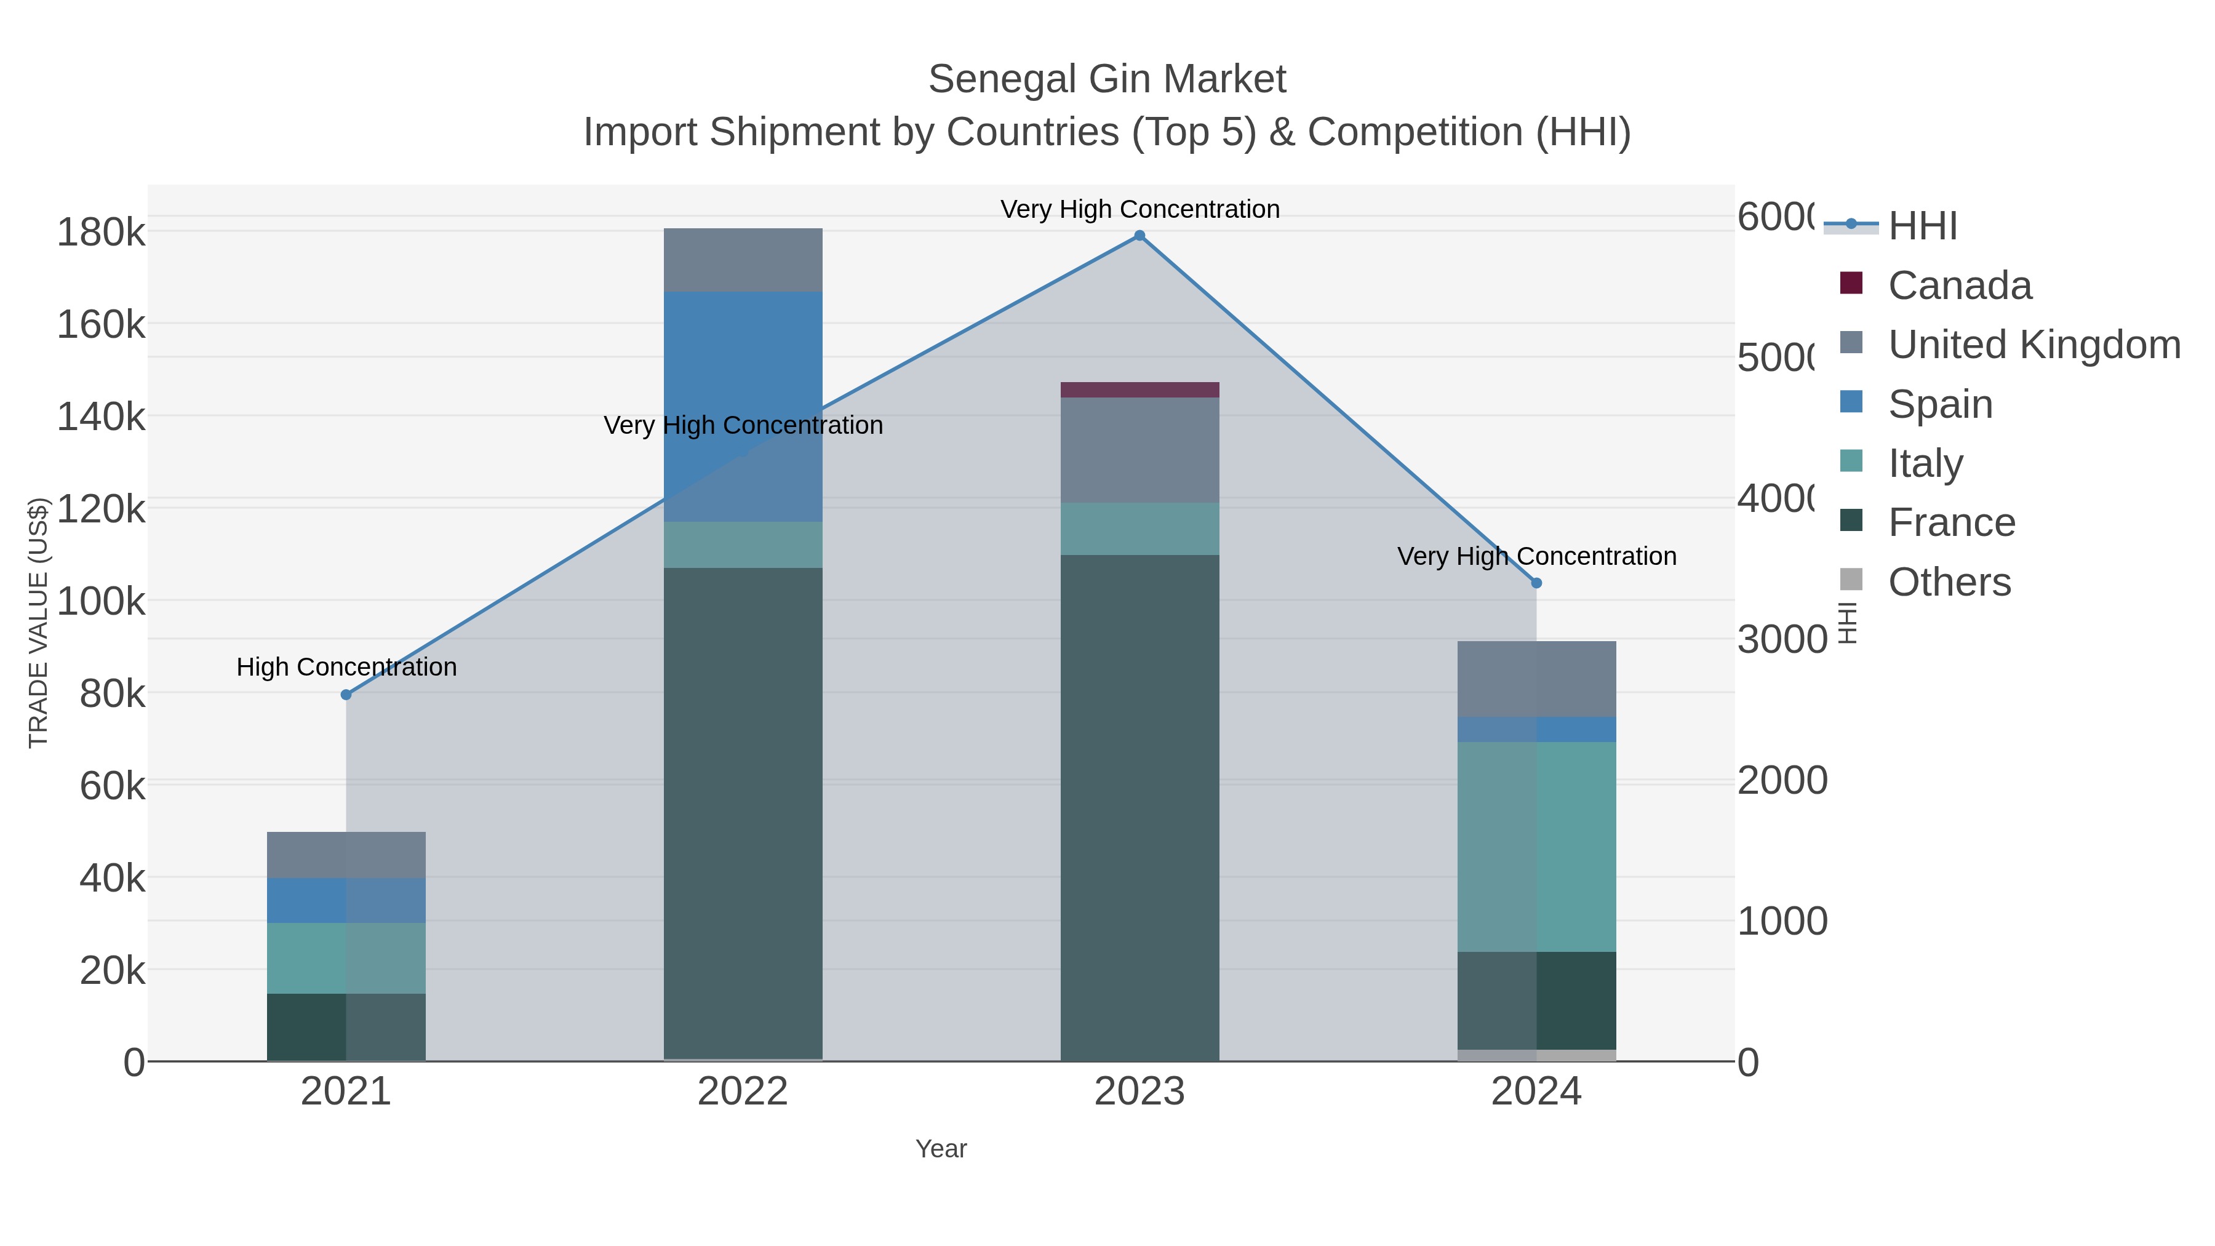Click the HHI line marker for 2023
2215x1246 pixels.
1139,236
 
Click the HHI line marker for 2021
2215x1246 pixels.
346,695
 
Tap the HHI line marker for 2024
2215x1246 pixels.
1536,583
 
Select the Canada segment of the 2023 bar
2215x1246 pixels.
1139,389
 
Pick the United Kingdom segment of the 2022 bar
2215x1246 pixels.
743,260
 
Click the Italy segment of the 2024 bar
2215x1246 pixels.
1536,847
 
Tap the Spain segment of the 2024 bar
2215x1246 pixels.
1536,729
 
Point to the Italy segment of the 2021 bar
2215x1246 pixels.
346,958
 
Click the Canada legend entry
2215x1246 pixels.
1959,286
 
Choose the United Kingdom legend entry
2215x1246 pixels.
2033,345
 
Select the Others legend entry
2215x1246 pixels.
1949,582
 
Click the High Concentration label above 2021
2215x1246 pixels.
346,667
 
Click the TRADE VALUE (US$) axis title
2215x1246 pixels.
39,623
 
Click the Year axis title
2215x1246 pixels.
941,1149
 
